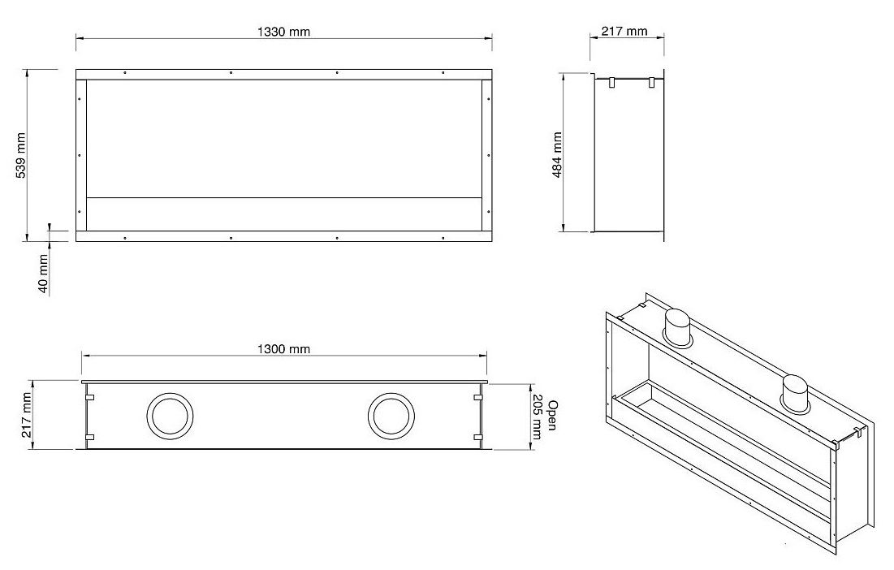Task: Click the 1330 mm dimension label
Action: tap(284, 32)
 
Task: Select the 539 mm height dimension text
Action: tap(21, 156)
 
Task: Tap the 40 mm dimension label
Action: tap(43, 274)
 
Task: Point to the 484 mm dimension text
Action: tap(557, 154)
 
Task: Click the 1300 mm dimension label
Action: tap(284, 349)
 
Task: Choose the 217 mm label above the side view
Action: tap(624, 31)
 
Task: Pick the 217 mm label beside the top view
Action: tap(27, 414)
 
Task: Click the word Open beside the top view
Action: tap(552, 414)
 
